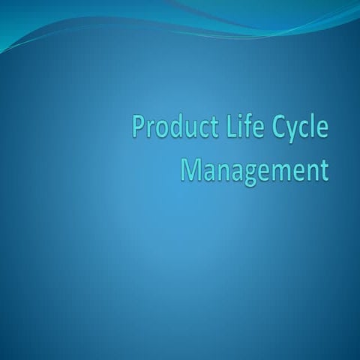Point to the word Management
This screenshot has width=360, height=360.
tap(256, 169)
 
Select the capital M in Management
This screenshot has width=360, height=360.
tap(191, 169)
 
